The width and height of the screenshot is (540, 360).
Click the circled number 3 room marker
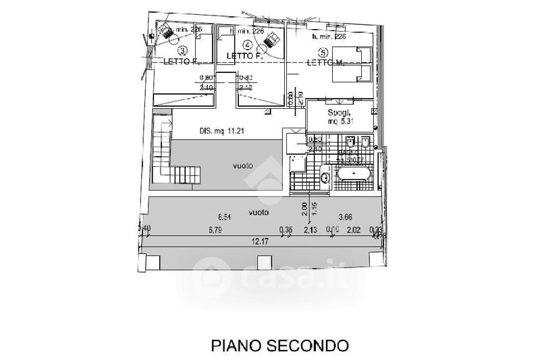(182, 51)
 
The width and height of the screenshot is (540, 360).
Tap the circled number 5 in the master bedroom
(323, 52)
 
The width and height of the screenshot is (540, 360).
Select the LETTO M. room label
(328, 63)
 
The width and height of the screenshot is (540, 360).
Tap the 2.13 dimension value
(310, 230)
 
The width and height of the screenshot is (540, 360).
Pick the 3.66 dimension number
(346, 217)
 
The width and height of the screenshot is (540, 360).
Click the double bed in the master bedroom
(354, 63)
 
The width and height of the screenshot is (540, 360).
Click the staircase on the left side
(163, 153)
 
